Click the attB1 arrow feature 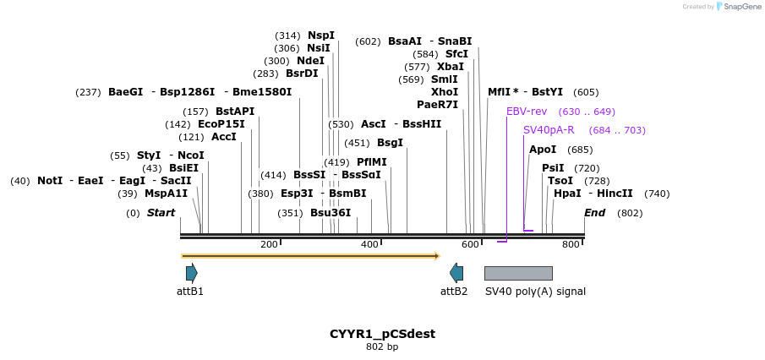pos(192,272)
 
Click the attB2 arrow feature pos(456,272)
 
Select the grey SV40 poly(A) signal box pos(518,273)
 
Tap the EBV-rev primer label pos(527,112)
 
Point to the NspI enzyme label pos(321,35)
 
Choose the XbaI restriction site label pos(451,67)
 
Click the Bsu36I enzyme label pos(331,213)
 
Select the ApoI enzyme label pos(543,150)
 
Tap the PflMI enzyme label pos(372,162)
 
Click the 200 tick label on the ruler pos(269,245)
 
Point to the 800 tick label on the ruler pos(571,245)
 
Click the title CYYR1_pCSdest pos(382,334)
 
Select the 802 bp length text pos(382,347)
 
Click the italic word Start pos(161,213)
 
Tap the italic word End pos(595,213)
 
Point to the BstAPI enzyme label pos(235,112)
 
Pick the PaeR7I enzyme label pos(437,105)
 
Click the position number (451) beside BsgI pos(357,144)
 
